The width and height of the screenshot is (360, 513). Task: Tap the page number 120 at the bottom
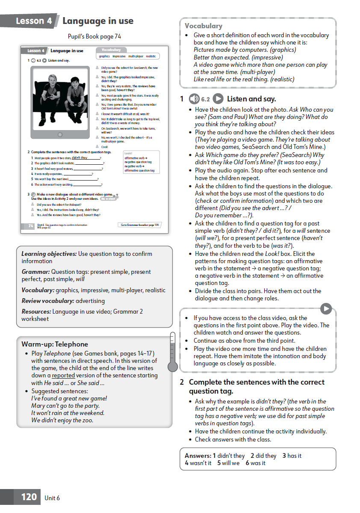tap(29, 497)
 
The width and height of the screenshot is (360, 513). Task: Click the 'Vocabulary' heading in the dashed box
tap(203, 26)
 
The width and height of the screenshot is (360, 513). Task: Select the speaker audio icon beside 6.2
tap(194, 99)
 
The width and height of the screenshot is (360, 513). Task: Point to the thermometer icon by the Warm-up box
tap(172, 351)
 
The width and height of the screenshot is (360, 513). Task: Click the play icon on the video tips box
tap(326, 308)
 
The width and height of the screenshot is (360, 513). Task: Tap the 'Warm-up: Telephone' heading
tap(55, 344)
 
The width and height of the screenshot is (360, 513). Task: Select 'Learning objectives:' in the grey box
tap(49, 254)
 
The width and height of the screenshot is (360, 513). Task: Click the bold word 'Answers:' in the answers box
tap(198, 456)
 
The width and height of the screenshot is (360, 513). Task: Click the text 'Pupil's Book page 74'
tap(94, 36)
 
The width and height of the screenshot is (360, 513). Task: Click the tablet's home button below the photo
tap(60, 134)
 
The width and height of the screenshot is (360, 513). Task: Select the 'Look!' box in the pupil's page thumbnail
tap(141, 161)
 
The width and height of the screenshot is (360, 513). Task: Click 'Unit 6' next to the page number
tap(52, 498)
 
